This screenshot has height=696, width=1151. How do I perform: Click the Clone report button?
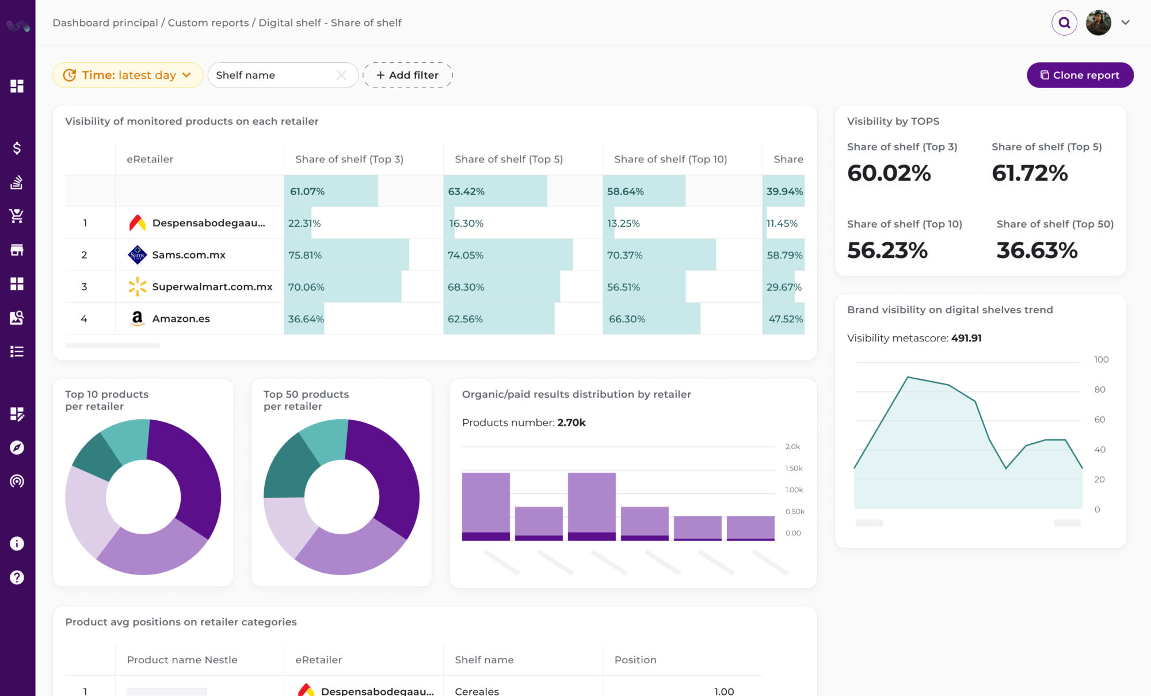tap(1080, 75)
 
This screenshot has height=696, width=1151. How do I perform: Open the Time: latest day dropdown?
tap(128, 75)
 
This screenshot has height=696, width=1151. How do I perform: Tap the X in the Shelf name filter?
tap(341, 75)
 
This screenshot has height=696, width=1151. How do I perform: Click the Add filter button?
tap(407, 75)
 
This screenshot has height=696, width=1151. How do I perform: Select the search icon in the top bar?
tap(1064, 23)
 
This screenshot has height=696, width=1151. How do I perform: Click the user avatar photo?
tap(1098, 23)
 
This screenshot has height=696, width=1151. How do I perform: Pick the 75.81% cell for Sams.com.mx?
tap(305, 255)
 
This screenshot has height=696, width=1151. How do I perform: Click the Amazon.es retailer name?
tap(181, 318)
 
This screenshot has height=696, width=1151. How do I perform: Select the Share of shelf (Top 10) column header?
tap(670, 159)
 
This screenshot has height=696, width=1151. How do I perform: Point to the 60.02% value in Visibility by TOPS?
tap(889, 173)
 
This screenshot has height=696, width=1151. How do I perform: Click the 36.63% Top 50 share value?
tap(1036, 250)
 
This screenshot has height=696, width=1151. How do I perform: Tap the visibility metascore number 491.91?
tap(966, 339)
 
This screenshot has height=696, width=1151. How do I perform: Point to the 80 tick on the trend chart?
tap(1099, 390)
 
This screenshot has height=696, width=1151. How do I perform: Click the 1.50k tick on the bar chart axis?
tap(794, 469)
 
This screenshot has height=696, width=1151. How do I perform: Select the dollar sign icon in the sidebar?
tap(17, 149)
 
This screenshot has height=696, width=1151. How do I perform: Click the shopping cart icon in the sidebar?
tap(17, 216)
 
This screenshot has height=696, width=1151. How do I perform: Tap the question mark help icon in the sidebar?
tap(17, 577)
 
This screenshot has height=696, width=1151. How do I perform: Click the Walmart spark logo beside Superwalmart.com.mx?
tap(137, 287)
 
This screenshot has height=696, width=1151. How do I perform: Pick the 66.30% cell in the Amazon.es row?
tap(627, 319)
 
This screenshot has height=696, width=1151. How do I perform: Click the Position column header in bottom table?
tap(635, 660)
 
